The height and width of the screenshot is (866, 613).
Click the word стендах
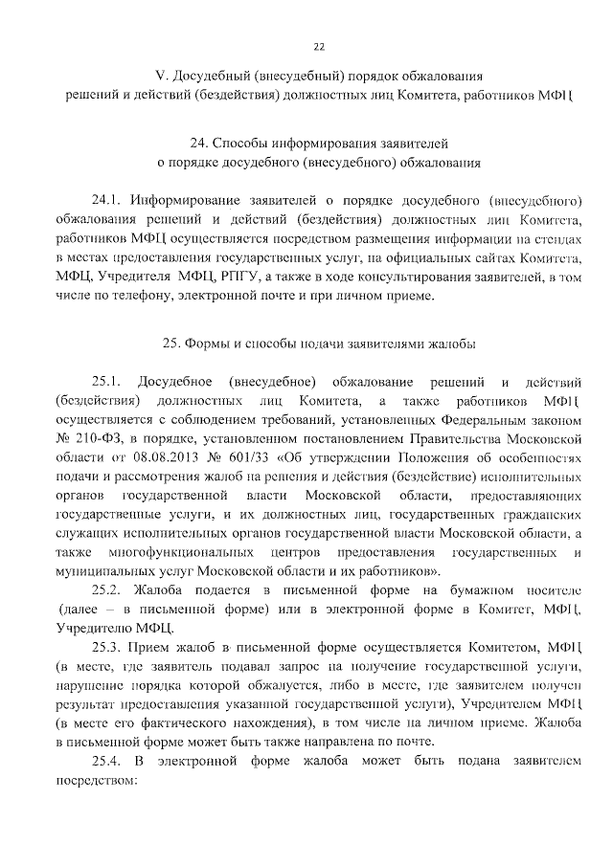(560, 240)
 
